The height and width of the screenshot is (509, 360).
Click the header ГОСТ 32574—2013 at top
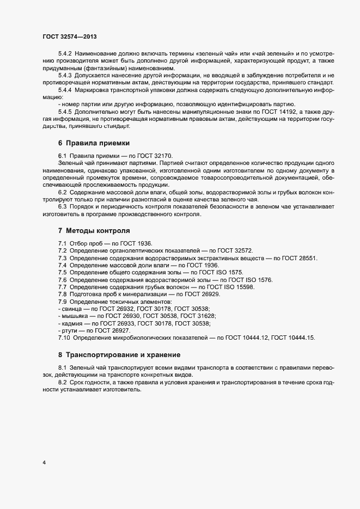click(70, 36)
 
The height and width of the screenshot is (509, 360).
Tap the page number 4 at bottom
click(44, 463)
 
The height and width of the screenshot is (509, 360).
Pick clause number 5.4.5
click(65, 111)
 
